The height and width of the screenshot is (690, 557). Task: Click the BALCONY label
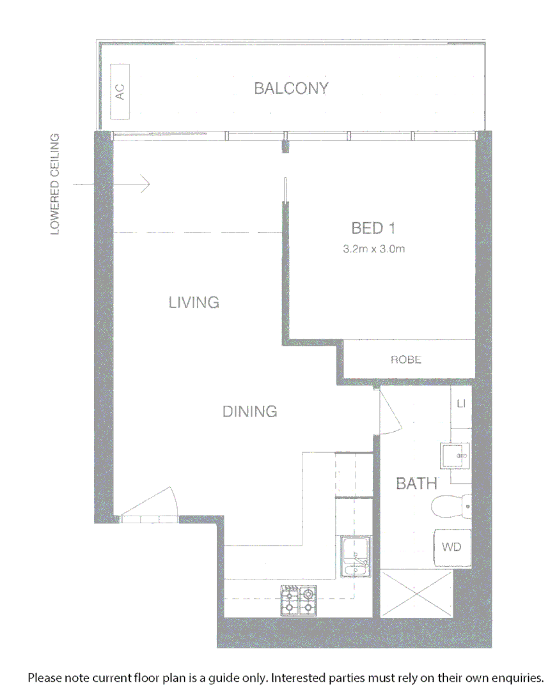[x=291, y=88]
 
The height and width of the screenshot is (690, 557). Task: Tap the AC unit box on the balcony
[x=120, y=91]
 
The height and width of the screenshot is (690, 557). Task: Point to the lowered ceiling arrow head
[x=146, y=184]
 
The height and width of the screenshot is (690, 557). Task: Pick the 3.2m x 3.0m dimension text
[x=374, y=250]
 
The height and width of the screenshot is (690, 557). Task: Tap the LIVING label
[x=194, y=302]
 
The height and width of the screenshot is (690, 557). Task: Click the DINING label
[x=249, y=411]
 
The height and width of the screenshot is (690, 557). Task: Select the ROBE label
[x=406, y=360]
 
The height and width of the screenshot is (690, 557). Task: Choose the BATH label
[x=416, y=484]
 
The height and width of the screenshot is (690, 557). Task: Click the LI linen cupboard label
[x=461, y=404]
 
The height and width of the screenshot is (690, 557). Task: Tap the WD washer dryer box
[x=451, y=548]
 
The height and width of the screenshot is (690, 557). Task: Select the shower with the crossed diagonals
[x=416, y=594]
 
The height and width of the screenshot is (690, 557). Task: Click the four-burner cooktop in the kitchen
[x=299, y=601]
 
